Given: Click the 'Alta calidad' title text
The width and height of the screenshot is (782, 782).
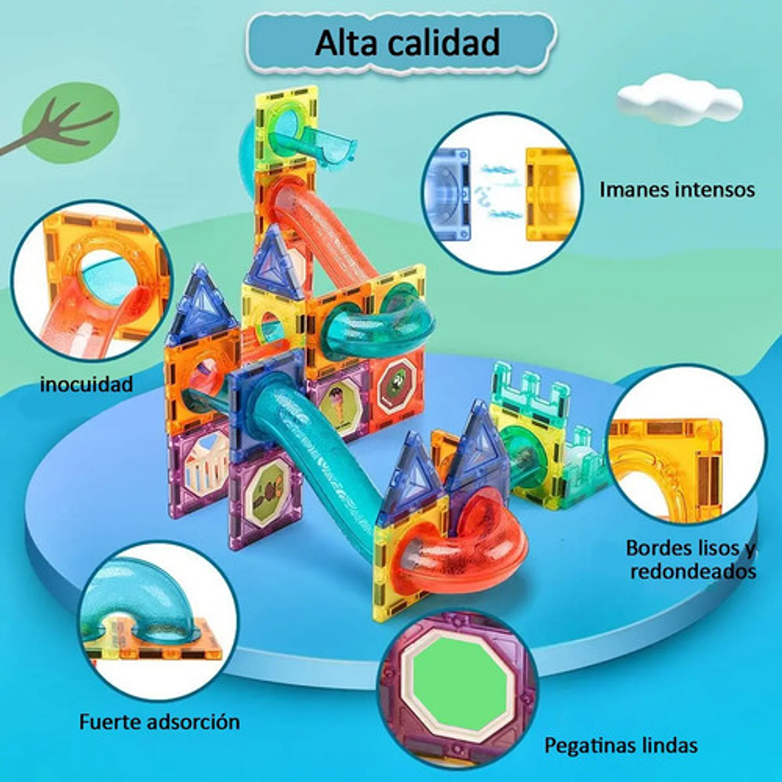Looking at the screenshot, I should tap(406, 42).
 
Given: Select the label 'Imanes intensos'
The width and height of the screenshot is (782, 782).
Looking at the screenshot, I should tap(677, 190).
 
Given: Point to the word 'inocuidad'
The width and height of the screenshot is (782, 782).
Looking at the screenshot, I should tap(86, 384).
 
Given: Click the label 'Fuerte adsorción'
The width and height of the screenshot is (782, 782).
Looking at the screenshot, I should tap(160, 721).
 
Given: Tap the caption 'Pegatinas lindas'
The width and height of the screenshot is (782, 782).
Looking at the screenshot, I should tap(621, 745).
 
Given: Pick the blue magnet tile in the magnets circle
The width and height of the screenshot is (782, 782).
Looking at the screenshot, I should tap(447, 194).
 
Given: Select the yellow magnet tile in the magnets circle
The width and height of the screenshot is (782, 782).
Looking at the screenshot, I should tap(551, 194).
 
